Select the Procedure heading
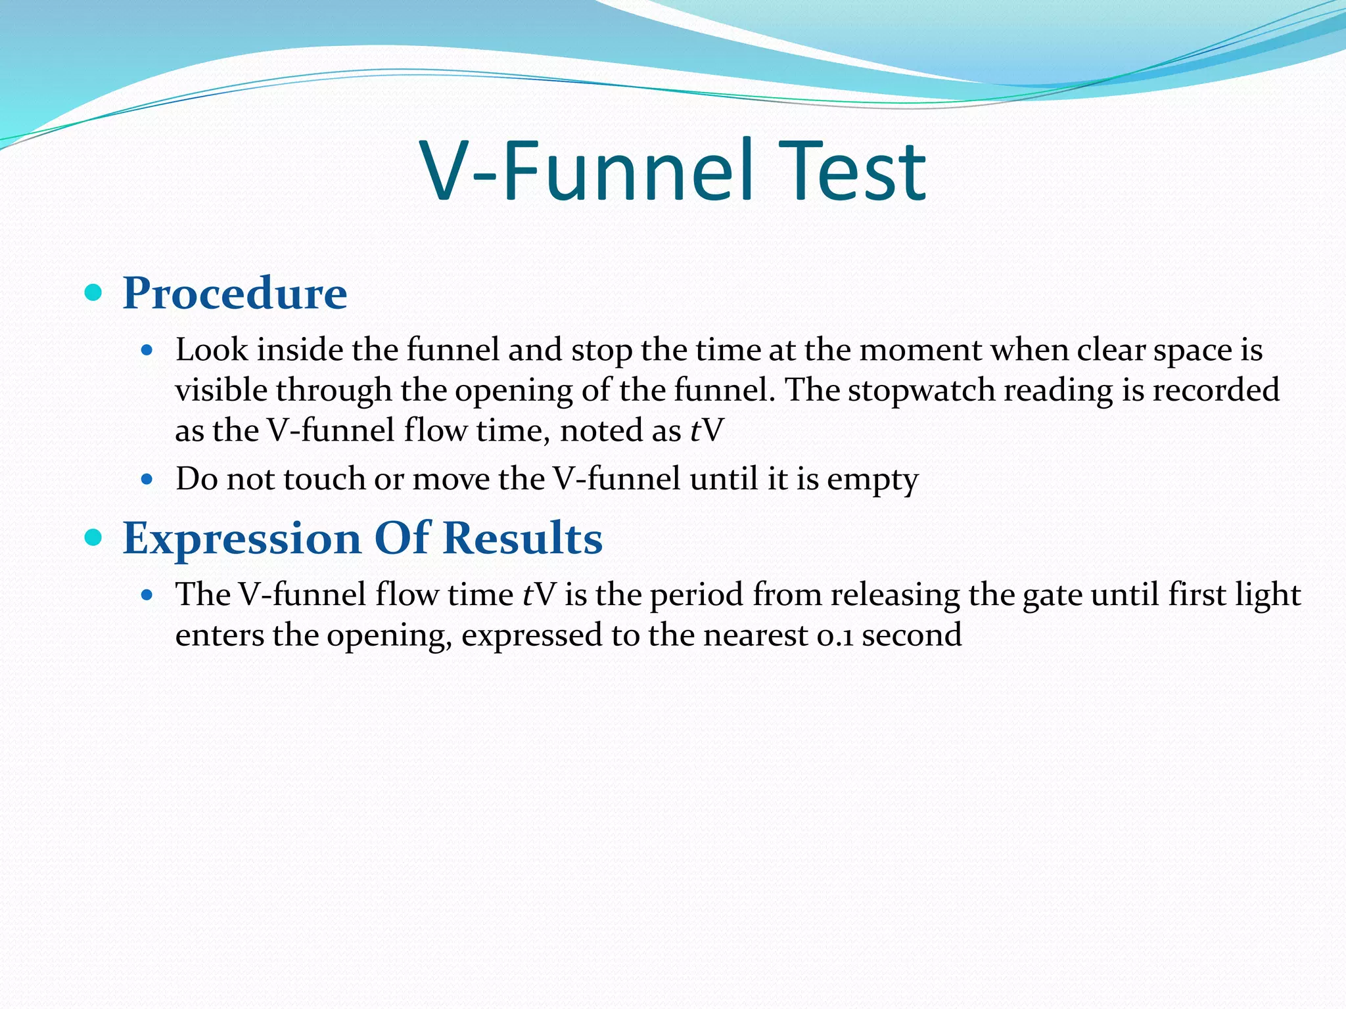coord(235,293)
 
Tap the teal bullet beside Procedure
coord(94,292)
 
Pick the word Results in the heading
coord(522,539)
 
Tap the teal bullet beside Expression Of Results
coord(94,538)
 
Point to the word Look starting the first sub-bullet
coord(212,349)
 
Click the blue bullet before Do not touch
coord(147,480)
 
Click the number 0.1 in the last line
coord(835,635)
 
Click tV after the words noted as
coord(707,431)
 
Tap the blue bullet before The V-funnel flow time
coord(147,595)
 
